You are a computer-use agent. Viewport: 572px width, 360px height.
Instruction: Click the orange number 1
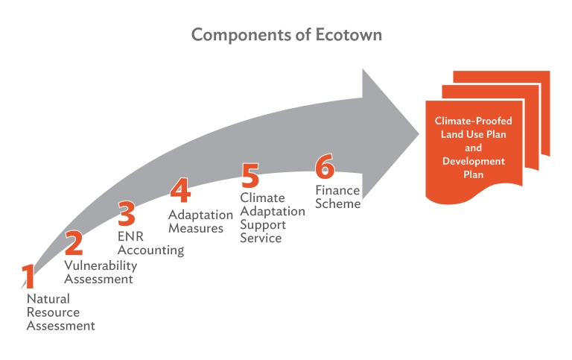click(28, 276)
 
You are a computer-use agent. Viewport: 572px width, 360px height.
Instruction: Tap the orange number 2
click(74, 243)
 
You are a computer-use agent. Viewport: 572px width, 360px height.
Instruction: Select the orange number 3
click(127, 213)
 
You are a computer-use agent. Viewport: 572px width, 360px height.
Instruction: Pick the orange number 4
click(180, 190)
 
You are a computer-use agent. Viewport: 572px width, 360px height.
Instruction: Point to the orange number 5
click(250, 175)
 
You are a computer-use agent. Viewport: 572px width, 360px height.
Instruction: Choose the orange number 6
click(325, 166)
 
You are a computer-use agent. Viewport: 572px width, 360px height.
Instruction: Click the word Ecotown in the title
click(349, 35)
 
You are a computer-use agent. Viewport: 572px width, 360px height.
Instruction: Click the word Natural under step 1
click(48, 299)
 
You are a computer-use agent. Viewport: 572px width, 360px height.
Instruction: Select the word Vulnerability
click(101, 266)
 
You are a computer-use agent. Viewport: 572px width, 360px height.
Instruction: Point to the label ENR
click(130, 236)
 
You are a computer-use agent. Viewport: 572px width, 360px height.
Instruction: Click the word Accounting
click(150, 250)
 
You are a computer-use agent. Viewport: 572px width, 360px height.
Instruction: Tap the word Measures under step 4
click(196, 229)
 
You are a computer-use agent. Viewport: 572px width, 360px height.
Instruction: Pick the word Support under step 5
click(263, 225)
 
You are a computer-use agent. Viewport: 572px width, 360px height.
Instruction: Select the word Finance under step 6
click(337, 190)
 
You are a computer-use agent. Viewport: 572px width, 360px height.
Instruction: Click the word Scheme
click(338, 203)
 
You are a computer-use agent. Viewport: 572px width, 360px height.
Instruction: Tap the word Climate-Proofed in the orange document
click(473, 121)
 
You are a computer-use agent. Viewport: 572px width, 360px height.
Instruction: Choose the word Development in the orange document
click(474, 162)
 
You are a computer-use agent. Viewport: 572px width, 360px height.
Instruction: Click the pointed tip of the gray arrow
click(419, 133)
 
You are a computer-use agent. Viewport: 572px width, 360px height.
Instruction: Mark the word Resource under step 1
click(54, 312)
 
